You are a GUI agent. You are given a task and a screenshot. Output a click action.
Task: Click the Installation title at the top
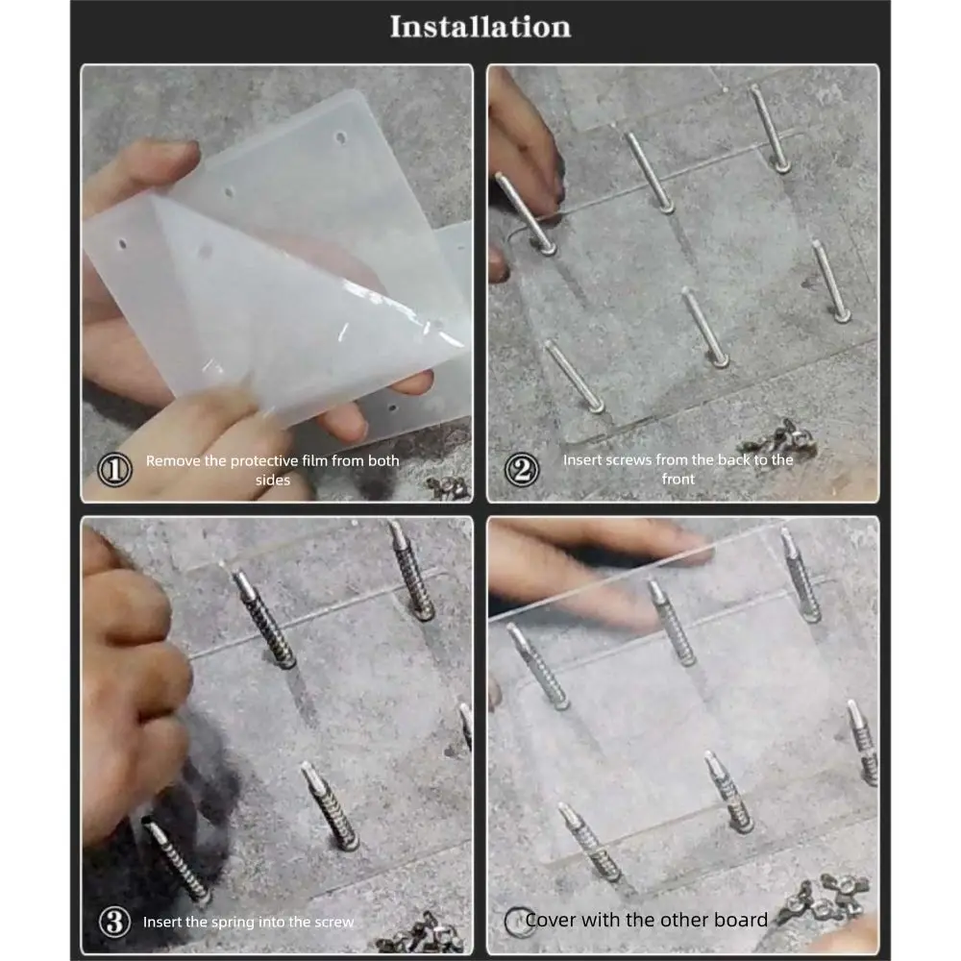(480, 27)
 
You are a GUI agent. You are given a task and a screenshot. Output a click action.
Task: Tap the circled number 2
(521, 470)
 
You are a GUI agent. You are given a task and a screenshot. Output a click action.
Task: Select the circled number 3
(115, 923)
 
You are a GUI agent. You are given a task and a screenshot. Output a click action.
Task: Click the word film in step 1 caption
(311, 461)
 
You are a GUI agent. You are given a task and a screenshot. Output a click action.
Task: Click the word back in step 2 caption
(729, 460)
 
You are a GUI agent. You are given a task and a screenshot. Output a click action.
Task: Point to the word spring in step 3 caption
(250, 923)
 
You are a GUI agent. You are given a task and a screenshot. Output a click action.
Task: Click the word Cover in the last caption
(551, 921)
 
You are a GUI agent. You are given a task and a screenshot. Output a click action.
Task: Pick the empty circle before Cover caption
(517, 921)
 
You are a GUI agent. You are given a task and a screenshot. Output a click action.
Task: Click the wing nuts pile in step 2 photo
(774, 438)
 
